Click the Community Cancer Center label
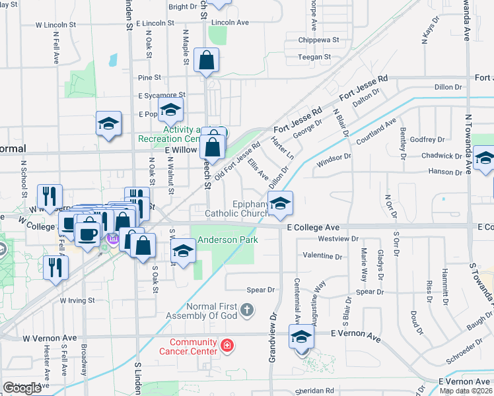coord(193,346)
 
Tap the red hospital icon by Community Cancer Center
coord(227,345)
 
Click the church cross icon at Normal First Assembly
coord(246,310)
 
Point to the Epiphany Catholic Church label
coord(236,209)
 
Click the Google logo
coord(22,387)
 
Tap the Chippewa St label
coord(318,40)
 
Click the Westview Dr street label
coord(337,238)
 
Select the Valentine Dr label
coord(321,255)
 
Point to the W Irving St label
coord(77,300)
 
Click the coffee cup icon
coord(88,233)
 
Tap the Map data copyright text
coord(466,391)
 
